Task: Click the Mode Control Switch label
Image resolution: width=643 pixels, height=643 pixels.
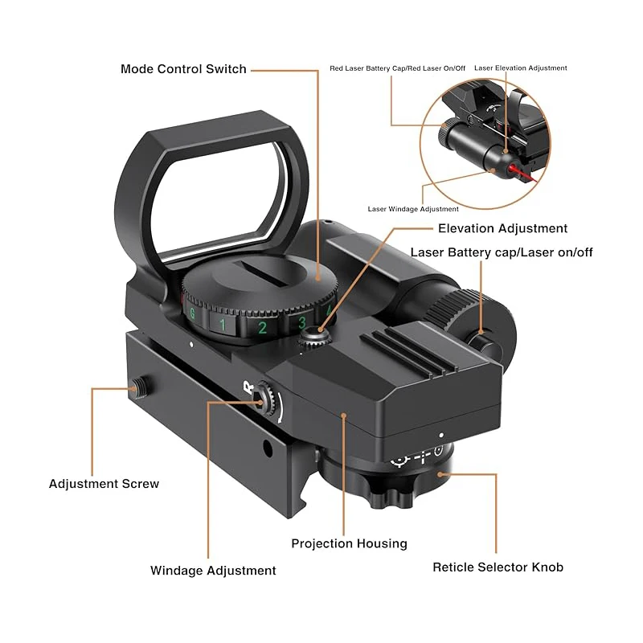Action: [183, 69]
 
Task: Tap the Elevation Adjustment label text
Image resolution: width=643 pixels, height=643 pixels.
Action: [502, 228]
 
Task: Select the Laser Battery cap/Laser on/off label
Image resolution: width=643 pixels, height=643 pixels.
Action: [502, 252]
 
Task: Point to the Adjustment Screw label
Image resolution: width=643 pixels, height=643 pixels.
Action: [104, 484]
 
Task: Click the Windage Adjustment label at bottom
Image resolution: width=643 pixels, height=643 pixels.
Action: [213, 571]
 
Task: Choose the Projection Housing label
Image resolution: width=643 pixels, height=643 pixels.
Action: [349, 543]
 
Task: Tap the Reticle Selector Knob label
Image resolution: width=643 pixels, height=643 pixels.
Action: [498, 567]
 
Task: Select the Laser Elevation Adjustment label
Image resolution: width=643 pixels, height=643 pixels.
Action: [520, 68]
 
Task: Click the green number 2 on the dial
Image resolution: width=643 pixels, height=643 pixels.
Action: [262, 328]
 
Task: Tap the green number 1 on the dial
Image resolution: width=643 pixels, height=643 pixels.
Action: [223, 325]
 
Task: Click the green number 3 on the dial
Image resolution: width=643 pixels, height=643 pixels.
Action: [302, 324]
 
